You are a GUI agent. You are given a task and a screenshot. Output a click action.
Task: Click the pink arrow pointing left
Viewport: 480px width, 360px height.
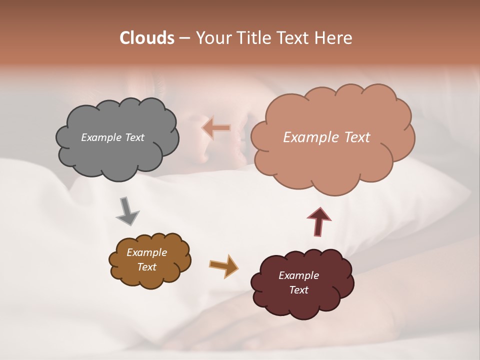(216, 128)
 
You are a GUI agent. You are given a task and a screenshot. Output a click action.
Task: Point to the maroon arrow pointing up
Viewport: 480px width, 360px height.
(319, 221)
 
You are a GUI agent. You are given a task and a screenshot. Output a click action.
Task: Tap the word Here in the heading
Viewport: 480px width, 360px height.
(334, 38)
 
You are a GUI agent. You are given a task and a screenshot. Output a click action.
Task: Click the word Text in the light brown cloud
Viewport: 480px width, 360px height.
(147, 267)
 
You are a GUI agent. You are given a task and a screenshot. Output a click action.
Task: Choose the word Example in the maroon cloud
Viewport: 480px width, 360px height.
(298, 275)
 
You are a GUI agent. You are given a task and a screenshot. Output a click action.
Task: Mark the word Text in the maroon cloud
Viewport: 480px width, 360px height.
(298, 290)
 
